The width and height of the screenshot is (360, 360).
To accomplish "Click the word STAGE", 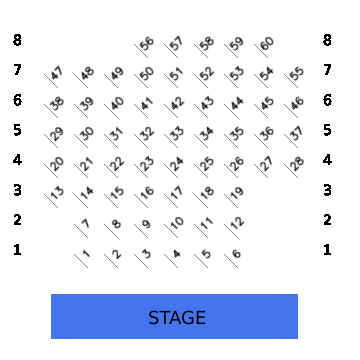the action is point(177,318).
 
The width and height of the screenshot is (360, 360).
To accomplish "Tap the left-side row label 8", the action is point(17,40).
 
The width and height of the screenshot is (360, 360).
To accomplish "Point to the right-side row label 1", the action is point(327,250).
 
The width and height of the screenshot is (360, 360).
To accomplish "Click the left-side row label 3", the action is point(17,190).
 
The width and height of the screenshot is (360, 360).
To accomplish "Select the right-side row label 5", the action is point(327,130).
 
